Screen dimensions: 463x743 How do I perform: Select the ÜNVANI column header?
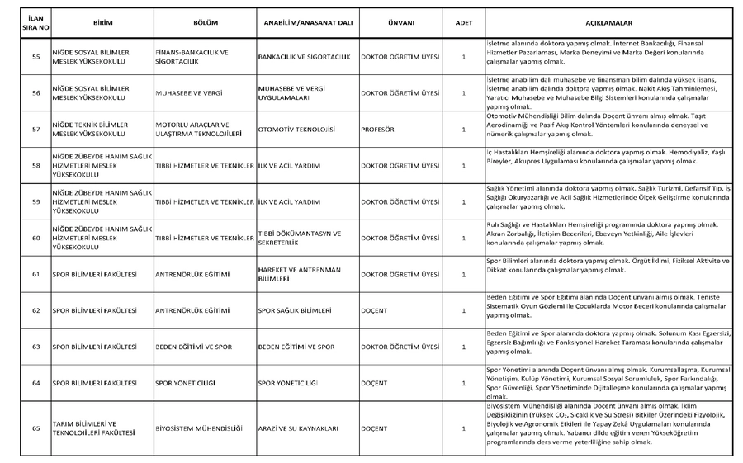[400, 23]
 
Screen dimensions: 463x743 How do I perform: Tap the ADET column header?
[464, 23]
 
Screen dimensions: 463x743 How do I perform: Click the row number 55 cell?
[35, 57]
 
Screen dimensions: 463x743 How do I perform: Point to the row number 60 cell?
[35, 239]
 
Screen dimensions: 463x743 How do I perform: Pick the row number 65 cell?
[35, 428]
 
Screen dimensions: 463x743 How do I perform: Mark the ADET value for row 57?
[464, 130]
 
